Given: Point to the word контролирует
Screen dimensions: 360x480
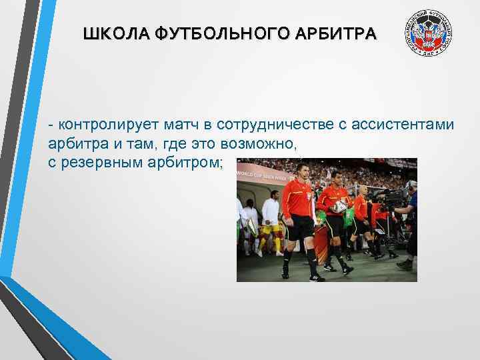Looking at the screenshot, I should [101, 125].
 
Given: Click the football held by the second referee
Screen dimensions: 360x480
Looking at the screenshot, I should [341, 206].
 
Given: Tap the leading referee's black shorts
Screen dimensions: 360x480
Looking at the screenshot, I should [300, 227].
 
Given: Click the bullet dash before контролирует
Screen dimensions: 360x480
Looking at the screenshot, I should [52, 125].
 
